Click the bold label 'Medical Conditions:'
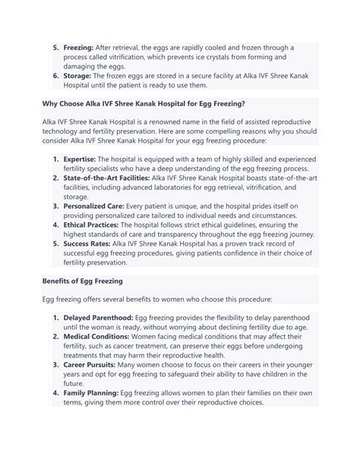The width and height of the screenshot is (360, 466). (x=97, y=335)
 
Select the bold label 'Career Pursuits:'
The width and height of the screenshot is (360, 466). (x=95, y=364)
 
